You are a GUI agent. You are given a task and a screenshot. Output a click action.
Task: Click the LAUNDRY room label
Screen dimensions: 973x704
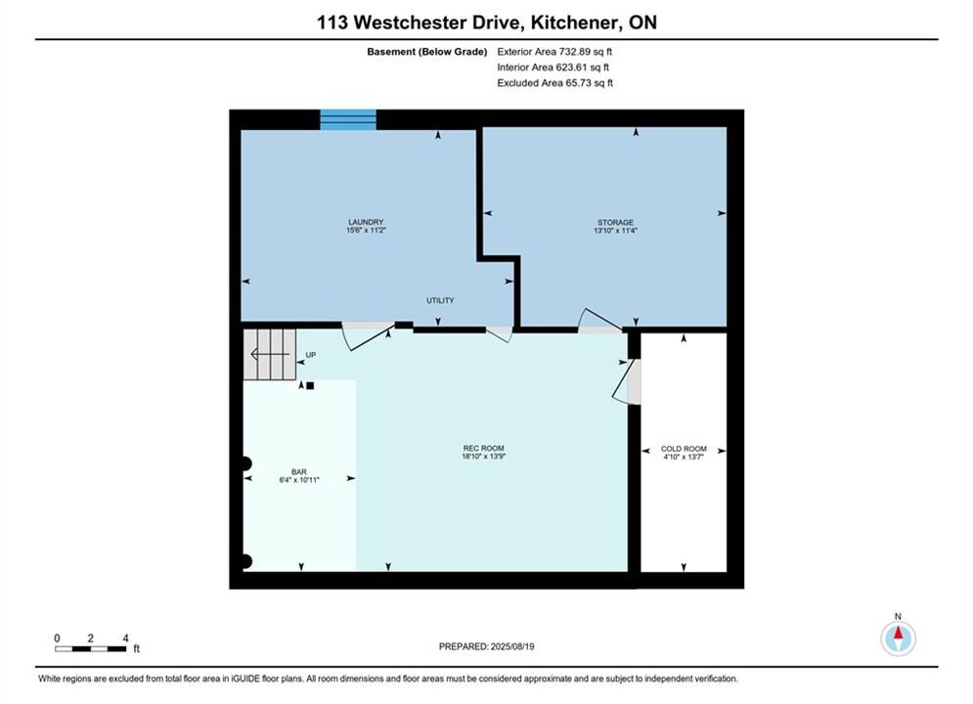[366, 222]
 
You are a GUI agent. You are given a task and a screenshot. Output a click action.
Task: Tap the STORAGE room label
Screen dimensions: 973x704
[615, 222]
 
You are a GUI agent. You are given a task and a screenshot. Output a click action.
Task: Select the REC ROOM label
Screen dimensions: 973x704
[483, 448]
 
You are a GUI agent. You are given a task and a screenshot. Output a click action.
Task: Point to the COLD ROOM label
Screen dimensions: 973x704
[684, 449]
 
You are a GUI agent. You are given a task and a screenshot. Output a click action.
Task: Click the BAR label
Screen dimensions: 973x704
[299, 472]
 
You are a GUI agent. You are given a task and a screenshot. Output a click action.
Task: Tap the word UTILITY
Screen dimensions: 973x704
[440, 300]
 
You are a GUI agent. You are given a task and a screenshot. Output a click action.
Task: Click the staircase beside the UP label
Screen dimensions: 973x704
[269, 354]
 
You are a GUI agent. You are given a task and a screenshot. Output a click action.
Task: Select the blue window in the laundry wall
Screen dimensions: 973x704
[348, 119]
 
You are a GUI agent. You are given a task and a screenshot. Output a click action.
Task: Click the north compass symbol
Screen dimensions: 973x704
[898, 638]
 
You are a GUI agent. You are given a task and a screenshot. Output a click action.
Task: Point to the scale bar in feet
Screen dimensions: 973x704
[91, 649]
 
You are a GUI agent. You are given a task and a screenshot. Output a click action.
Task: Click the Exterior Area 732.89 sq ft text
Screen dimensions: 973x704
[554, 52]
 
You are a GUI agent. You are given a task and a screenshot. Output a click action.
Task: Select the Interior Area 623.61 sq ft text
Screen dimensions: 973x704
[553, 67]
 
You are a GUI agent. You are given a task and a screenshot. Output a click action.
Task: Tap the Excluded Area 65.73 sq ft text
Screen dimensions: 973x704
[554, 83]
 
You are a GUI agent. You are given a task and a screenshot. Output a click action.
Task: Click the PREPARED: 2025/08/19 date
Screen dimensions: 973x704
[487, 646]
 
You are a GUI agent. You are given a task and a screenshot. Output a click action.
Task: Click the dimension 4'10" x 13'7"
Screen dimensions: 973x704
[684, 458]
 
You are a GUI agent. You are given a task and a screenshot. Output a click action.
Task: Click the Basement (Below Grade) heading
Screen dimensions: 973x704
[427, 52]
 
